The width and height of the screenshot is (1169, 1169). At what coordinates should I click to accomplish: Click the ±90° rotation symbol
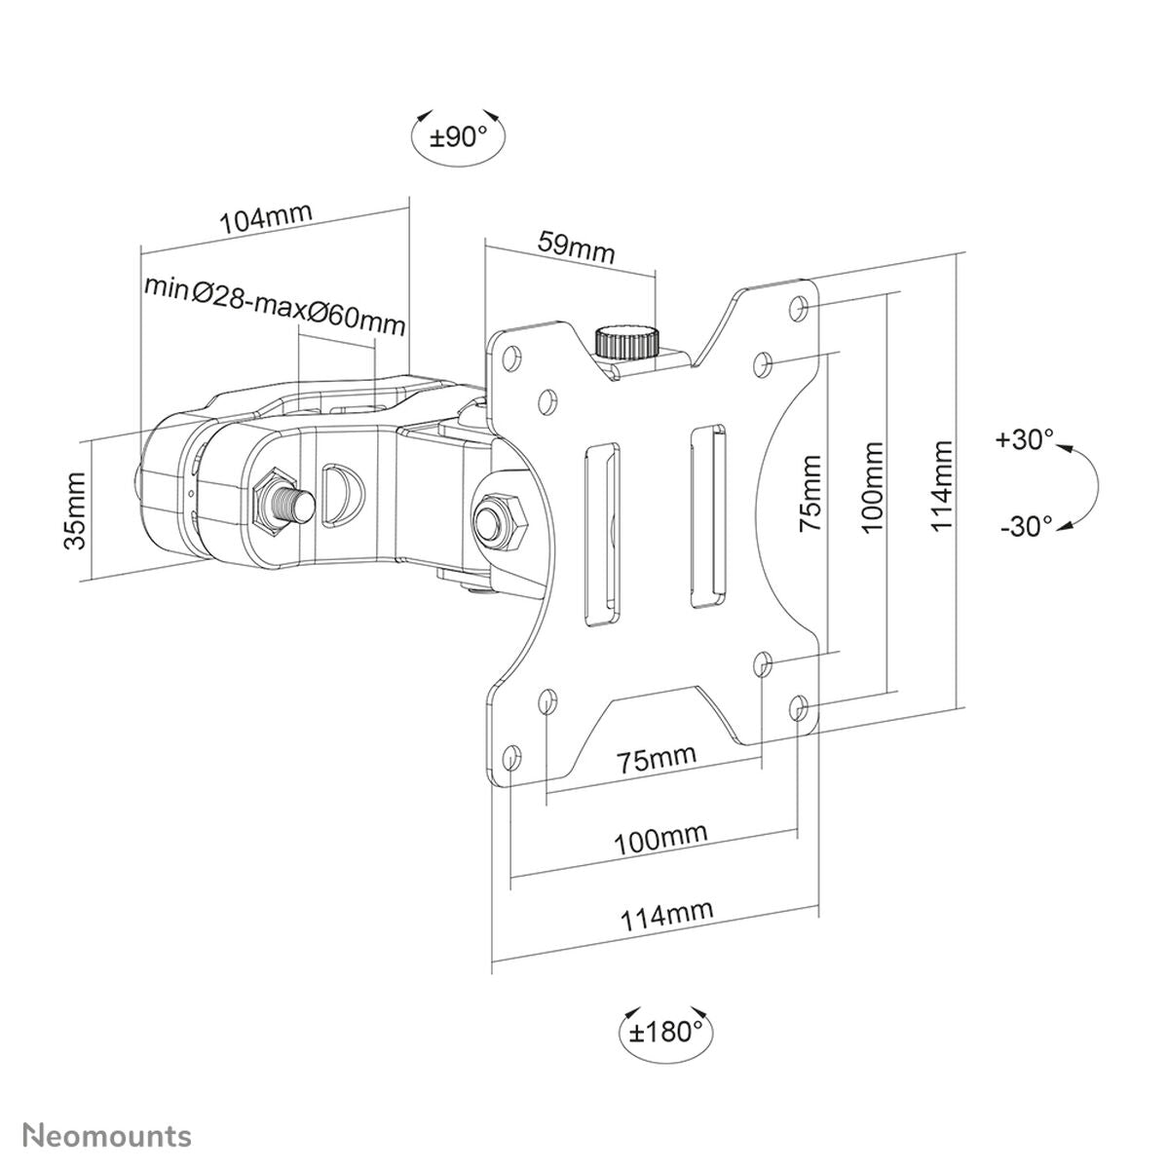(459, 136)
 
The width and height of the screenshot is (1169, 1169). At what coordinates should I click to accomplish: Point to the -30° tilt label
(1025, 526)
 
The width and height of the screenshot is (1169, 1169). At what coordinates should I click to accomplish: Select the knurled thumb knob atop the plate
(624, 342)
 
